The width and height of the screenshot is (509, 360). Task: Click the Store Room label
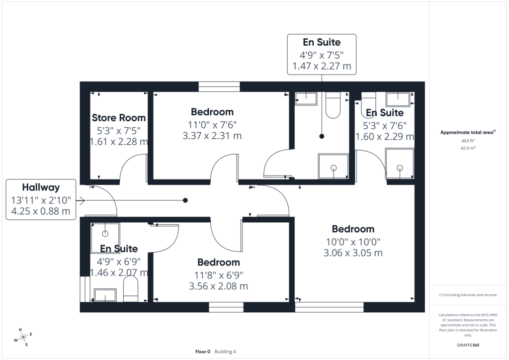[x=118, y=117]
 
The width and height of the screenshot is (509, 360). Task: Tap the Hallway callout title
[x=41, y=187]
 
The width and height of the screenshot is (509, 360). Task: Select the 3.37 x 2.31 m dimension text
[x=212, y=136]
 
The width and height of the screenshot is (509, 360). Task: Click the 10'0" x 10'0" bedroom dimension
[x=353, y=242]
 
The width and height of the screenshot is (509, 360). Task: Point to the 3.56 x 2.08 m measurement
[x=219, y=286]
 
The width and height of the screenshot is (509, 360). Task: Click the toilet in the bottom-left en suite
[x=131, y=290]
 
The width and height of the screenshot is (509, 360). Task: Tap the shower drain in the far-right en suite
[x=400, y=168]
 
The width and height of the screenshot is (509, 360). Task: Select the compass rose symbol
[x=23, y=338]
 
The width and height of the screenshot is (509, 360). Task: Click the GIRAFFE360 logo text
[x=468, y=345]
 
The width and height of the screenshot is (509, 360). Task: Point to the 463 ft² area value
[x=468, y=141]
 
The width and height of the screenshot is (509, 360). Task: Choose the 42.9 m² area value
[x=468, y=148]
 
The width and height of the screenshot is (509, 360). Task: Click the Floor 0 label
[x=203, y=352]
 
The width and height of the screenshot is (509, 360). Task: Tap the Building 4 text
[x=225, y=352]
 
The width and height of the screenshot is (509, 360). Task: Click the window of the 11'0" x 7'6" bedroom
[x=219, y=87]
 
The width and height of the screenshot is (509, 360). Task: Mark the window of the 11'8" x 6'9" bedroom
[x=226, y=307]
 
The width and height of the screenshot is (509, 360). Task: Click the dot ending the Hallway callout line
[x=185, y=200]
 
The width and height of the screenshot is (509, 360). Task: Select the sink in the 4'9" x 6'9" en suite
[x=105, y=295]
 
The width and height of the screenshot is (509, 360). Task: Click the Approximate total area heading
[x=468, y=132]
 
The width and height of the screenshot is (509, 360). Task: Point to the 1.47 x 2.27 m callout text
[x=322, y=66]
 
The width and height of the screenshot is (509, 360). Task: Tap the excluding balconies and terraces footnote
[x=468, y=295]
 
